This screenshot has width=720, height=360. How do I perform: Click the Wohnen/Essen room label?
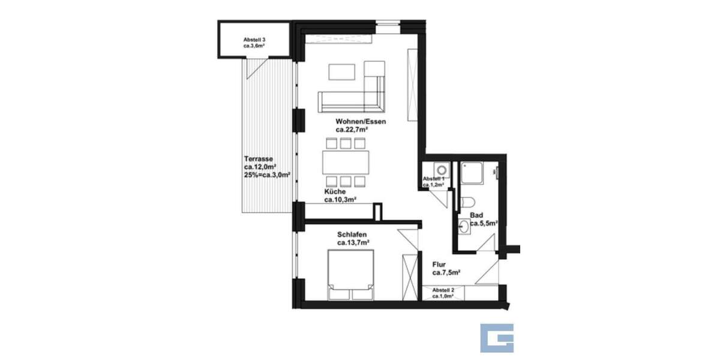coord(361,122)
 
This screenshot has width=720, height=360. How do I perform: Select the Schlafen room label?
coord(352,235)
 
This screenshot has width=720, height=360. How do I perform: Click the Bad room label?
coord(477,214)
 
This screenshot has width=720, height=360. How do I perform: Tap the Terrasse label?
coord(259,159)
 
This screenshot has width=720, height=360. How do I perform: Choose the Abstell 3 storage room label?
coord(254,40)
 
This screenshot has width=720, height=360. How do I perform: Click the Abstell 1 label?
coord(433,179)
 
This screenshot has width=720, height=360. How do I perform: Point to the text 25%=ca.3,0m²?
coord(267,175)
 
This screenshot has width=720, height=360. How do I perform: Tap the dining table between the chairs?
coord(346,162)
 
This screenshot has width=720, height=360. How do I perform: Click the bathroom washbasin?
coord(464,227)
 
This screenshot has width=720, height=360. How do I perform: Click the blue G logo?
coord(497,338)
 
